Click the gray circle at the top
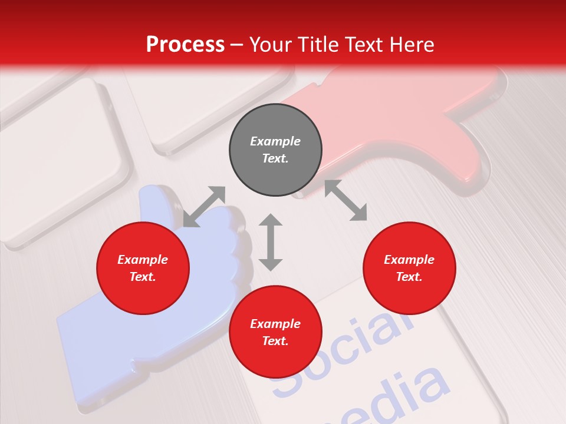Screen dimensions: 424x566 (x=275, y=150)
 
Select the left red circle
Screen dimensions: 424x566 (x=143, y=268)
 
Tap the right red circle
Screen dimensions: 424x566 (x=409, y=268)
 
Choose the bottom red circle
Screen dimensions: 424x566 (x=275, y=332)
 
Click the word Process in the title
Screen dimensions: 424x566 (x=185, y=45)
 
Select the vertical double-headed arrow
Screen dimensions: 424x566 (x=271, y=242)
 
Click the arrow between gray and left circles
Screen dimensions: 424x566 (x=204, y=206)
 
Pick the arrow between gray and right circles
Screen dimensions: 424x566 (x=345, y=201)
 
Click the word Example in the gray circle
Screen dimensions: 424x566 (x=275, y=141)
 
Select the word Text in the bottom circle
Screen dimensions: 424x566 (x=275, y=341)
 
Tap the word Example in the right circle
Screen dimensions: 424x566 (x=409, y=260)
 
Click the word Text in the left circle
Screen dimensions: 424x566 (x=143, y=277)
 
